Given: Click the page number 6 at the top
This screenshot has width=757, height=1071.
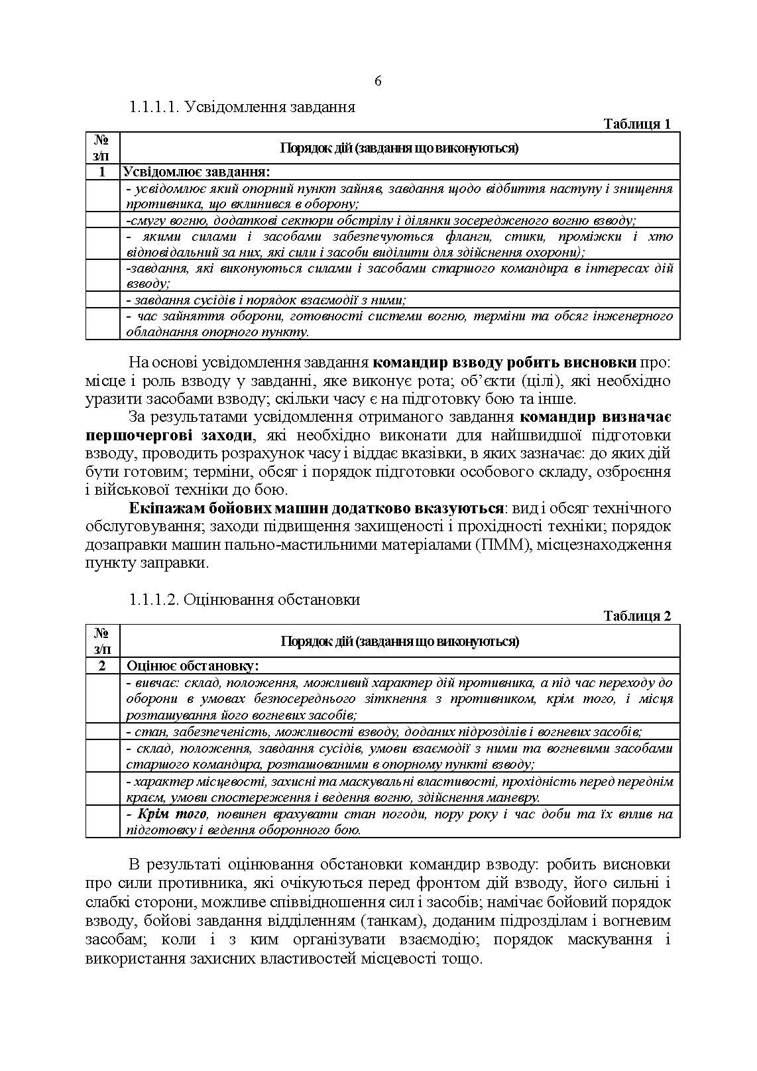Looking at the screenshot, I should [x=378, y=81].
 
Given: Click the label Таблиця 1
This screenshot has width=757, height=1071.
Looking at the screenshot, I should [x=637, y=124].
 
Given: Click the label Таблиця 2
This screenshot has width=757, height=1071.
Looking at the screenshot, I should [x=637, y=616].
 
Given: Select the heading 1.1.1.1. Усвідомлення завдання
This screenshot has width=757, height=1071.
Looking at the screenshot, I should [x=242, y=107].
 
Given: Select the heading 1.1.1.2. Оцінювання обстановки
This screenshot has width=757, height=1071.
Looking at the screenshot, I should [x=245, y=599].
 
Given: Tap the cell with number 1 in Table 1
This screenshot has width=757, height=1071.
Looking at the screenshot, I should [x=102, y=172].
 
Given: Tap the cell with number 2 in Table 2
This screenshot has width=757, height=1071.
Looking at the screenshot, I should [x=102, y=665].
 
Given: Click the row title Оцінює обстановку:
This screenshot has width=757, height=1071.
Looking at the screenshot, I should [x=192, y=665].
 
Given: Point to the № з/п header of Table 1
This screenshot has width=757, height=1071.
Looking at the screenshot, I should [x=102, y=147].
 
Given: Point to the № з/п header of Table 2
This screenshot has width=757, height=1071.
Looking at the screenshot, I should [x=102, y=641].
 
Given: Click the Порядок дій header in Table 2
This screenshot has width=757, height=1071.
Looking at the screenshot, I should [x=400, y=641].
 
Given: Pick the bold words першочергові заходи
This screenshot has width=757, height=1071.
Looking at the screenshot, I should [x=169, y=436].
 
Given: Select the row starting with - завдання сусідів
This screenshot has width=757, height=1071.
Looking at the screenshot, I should [x=265, y=300].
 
